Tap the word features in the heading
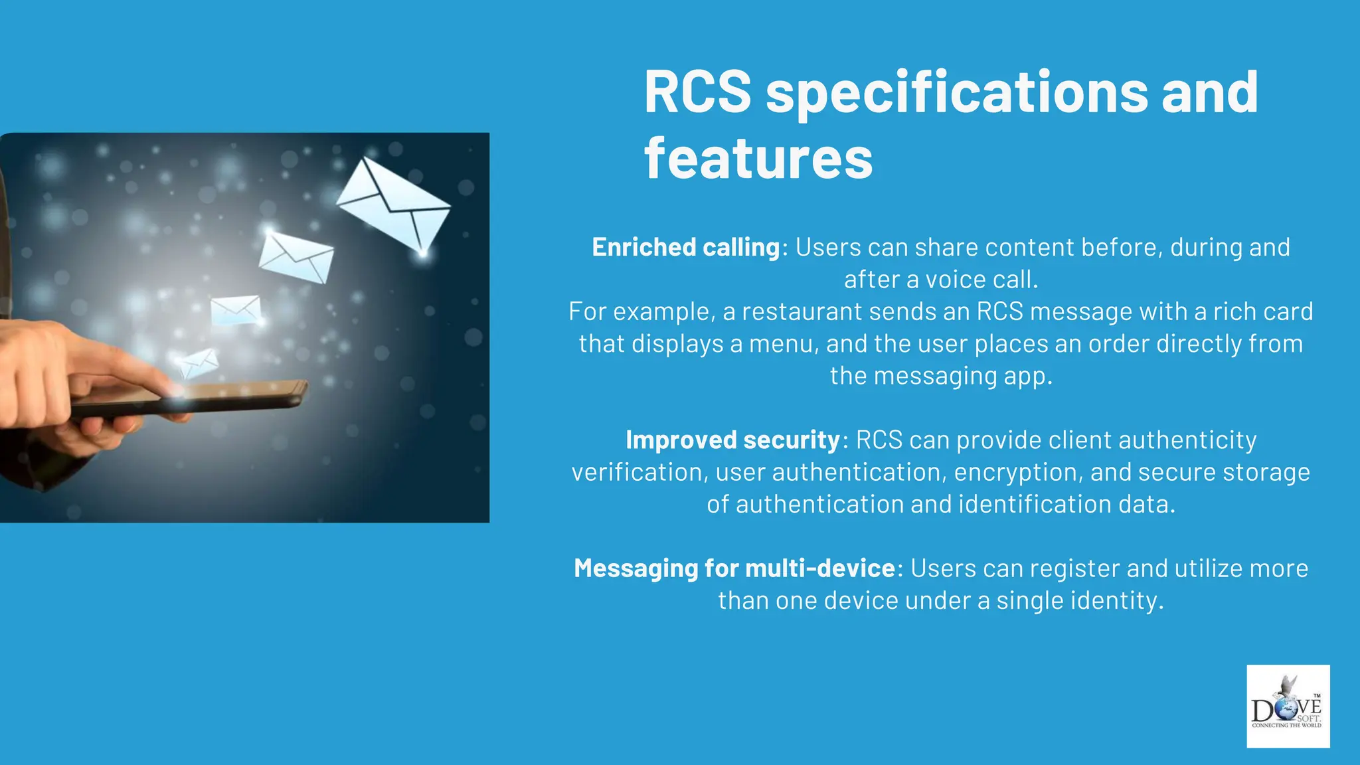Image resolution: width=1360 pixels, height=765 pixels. coord(758,159)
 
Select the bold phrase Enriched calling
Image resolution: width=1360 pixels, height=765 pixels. coord(686,247)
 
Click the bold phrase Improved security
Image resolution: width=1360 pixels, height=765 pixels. coord(733,440)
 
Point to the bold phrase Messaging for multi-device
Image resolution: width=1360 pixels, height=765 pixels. coord(734,568)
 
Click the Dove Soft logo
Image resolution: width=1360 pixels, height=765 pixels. coord(1288,707)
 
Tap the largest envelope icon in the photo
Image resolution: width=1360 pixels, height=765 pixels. coord(394,205)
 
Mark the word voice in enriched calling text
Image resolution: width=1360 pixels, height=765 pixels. coord(954,280)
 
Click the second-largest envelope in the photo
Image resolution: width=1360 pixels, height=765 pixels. coord(296,256)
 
